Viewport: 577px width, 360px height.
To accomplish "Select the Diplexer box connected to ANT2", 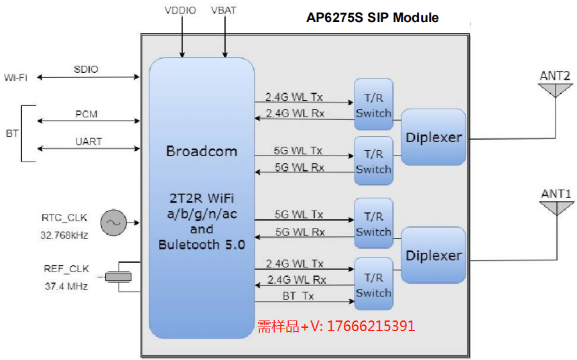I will pos(434,137).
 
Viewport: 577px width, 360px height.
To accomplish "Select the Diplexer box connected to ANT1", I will pos(434,255).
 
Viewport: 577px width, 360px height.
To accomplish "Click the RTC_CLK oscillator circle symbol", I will pos(113,223).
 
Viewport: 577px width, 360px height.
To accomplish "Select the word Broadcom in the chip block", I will pos(201,152).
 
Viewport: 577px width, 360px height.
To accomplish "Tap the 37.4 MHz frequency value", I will pos(65,286).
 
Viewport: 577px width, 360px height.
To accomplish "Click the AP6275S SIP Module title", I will pos(373,17).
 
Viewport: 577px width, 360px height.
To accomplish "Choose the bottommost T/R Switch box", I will pos(373,284).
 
